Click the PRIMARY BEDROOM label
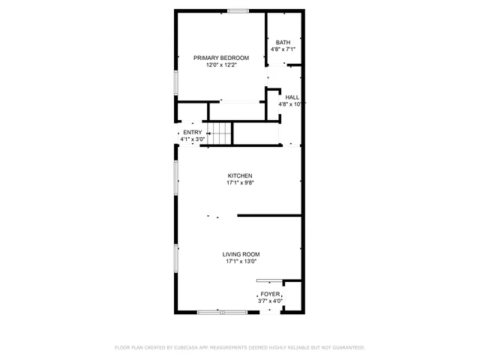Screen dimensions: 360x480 [x=220, y=58]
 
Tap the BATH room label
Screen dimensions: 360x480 [x=283, y=43]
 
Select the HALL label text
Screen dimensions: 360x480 [x=292, y=97]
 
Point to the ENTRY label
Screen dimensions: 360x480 [x=192, y=133]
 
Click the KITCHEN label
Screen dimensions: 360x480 [x=240, y=176]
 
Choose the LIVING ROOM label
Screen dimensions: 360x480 [x=240, y=255]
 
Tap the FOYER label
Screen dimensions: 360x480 [x=270, y=295]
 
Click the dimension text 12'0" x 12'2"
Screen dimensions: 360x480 [x=220, y=65]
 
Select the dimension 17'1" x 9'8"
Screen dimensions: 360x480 [x=240, y=183]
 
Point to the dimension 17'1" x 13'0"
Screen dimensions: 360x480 [x=240, y=262]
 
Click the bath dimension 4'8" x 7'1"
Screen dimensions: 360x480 [x=283, y=50]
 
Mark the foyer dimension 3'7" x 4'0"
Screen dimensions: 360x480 [x=270, y=301]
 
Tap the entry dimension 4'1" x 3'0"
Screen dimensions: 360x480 [x=192, y=139]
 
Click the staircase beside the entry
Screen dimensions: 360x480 [x=220, y=135]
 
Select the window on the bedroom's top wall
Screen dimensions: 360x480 [x=238, y=10]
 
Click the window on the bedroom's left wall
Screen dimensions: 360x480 [x=176, y=82]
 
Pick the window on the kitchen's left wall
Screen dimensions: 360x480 [x=176, y=180]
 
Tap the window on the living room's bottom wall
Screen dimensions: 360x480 [x=221, y=311]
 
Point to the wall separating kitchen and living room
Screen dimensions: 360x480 [x=270, y=216]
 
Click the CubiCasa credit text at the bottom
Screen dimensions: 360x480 [x=239, y=348]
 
